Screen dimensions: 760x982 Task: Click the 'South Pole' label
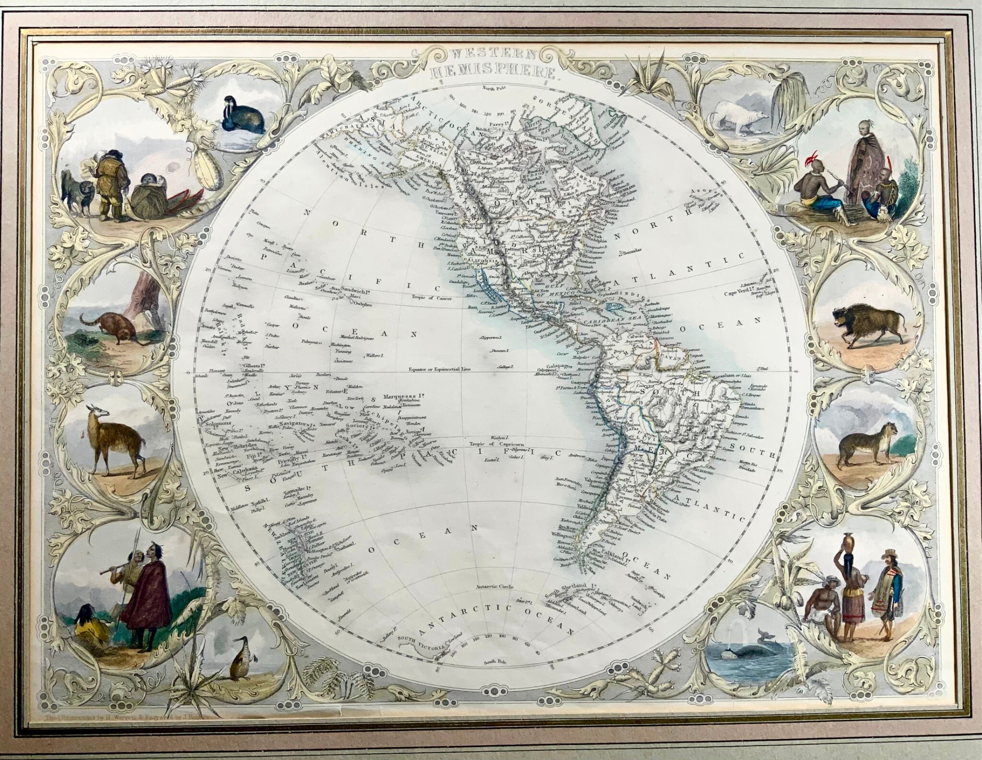(x=495, y=663)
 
